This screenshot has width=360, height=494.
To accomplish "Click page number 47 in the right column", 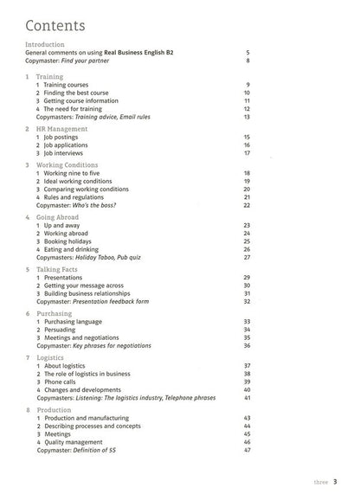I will [x=247, y=450].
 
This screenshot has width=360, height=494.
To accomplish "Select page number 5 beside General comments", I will [x=248, y=52].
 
